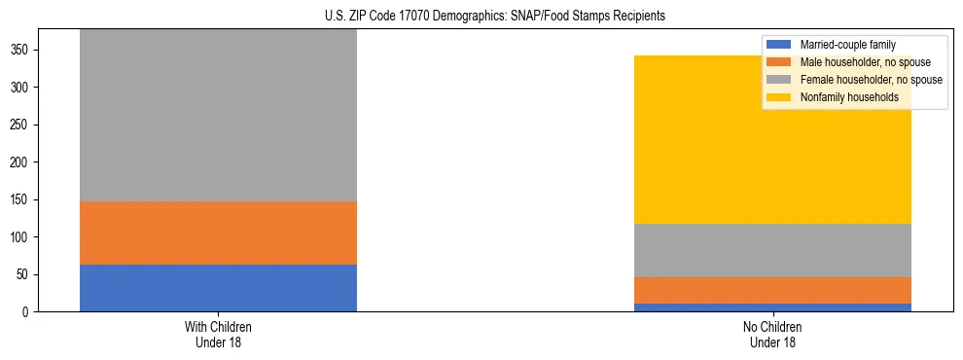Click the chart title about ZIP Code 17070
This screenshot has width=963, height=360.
pos(495,16)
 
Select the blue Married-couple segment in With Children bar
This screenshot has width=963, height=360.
pos(218,288)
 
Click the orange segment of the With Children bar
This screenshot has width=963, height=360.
pos(218,233)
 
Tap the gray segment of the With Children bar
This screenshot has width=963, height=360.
pos(218,115)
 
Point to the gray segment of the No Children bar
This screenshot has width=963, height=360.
pos(772,250)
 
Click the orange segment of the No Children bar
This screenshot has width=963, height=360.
pos(772,290)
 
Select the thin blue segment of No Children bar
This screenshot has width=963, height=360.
pos(772,307)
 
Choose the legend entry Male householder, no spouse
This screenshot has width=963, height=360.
pos(861,62)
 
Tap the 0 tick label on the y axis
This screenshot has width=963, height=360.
pos(27,312)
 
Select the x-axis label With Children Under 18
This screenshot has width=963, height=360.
pos(218,334)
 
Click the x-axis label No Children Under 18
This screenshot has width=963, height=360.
pos(772,334)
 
